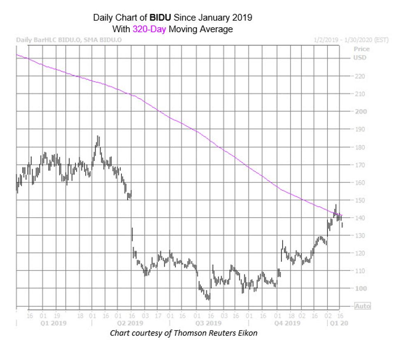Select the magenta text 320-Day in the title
coord(149,29)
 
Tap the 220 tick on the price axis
coord(360,76)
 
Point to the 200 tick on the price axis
coord(360,111)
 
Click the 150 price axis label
coord(360,200)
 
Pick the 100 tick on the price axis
coord(360,288)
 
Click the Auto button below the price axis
coord(362,306)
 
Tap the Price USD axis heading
coord(361,53)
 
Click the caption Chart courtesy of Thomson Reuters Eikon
coord(183,333)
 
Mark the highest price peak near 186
coord(98,136)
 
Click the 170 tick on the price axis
coord(360,165)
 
